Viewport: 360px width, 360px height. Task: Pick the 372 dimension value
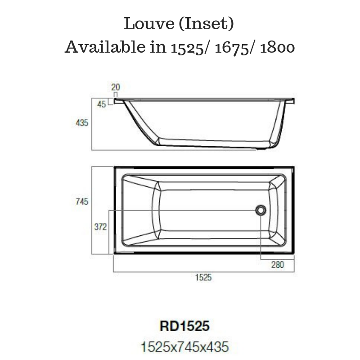coord(100,227)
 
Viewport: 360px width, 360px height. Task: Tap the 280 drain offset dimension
coord(278,265)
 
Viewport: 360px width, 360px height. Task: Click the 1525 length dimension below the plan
coord(203,278)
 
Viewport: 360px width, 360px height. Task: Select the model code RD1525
coord(184,325)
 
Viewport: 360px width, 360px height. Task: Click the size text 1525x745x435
coord(184,346)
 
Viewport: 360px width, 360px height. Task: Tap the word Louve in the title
coord(145,24)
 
